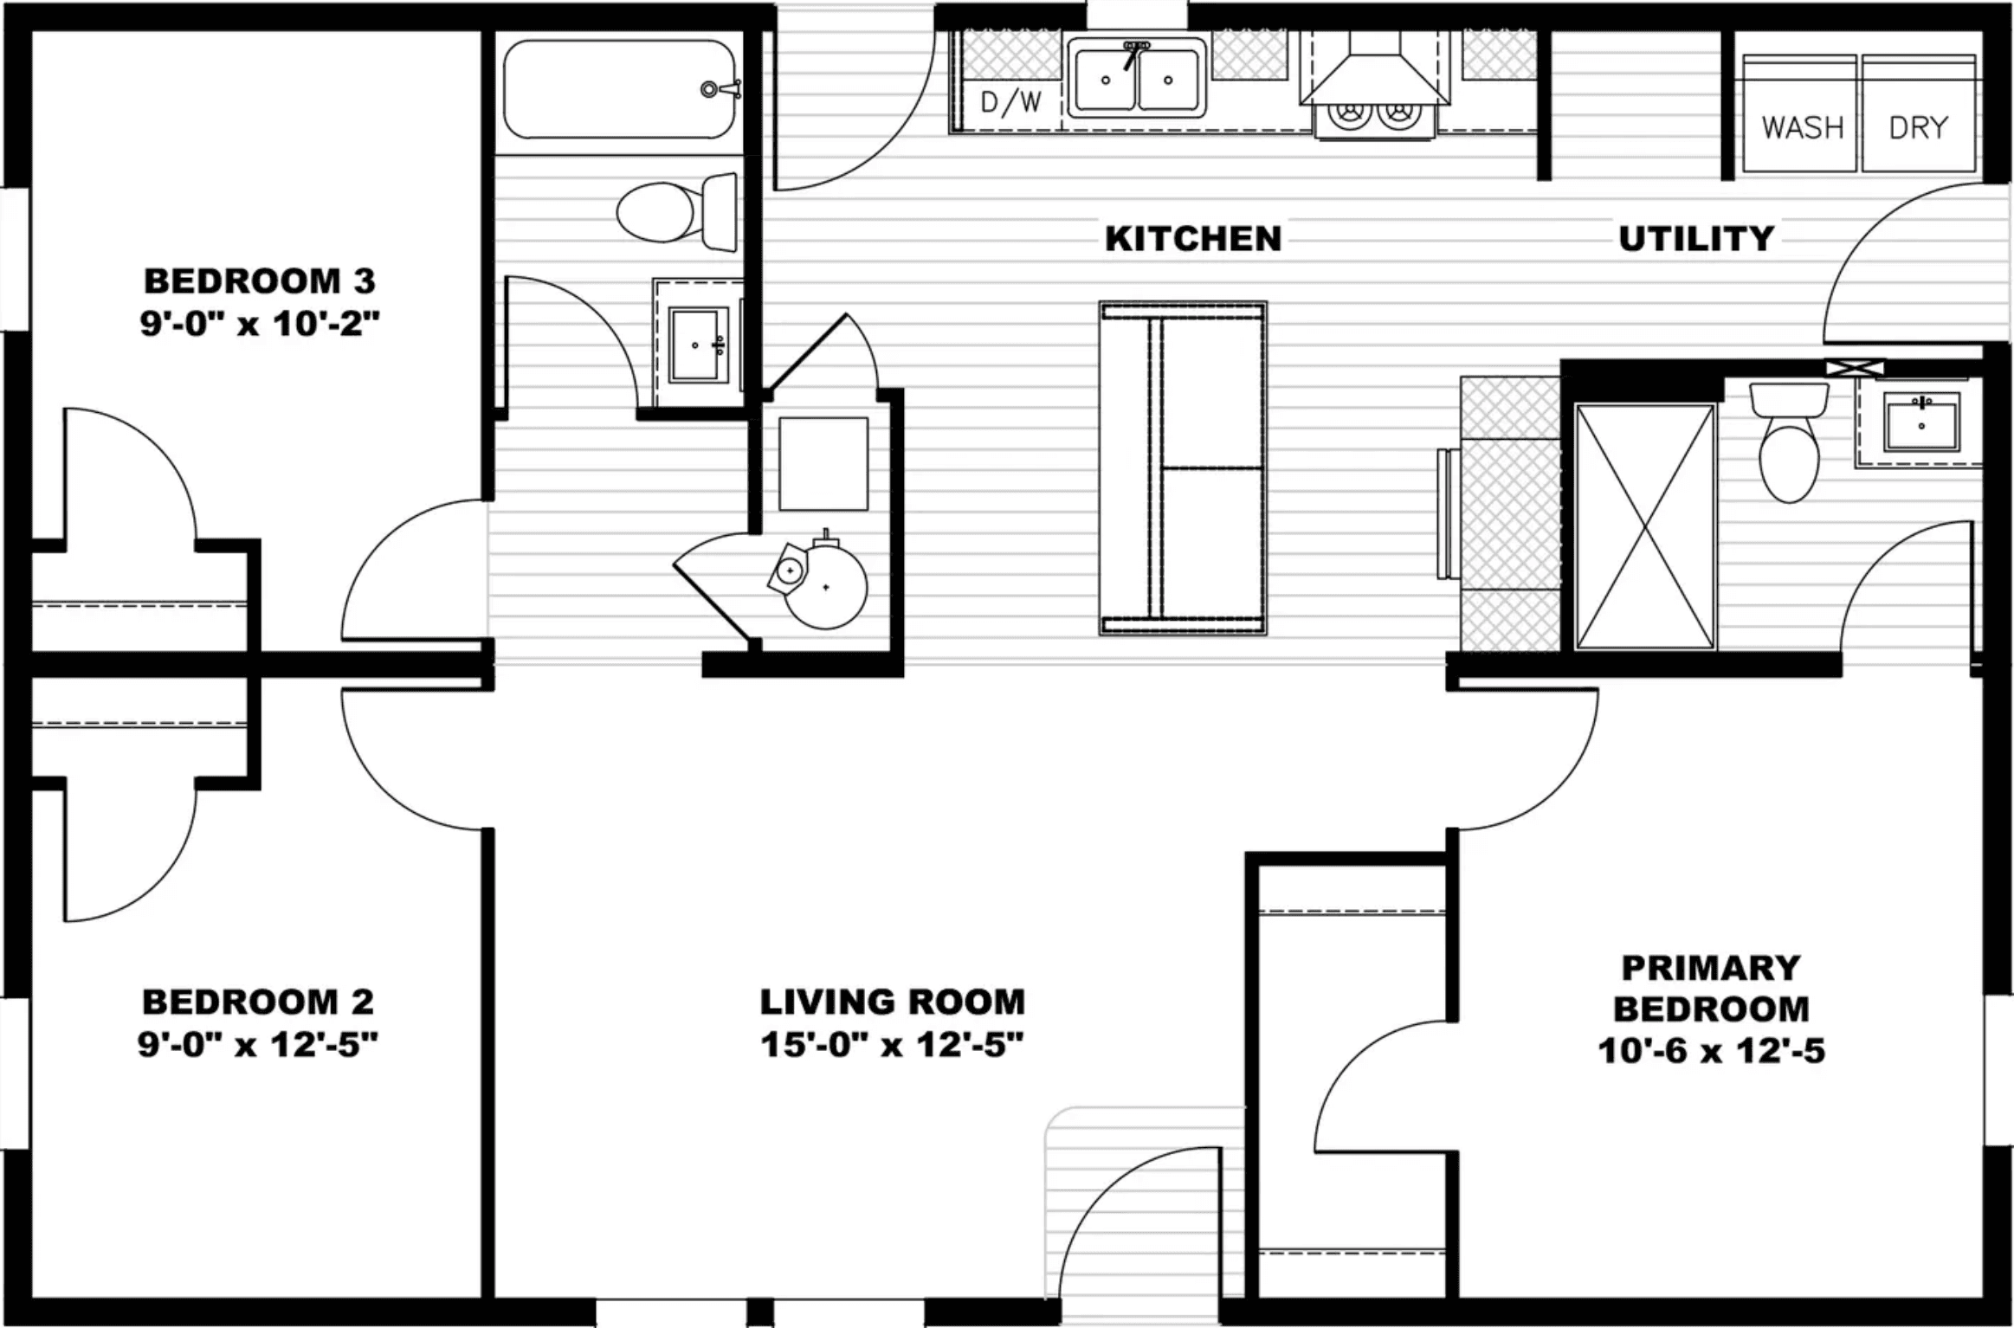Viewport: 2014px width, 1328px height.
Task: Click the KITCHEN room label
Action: point(1192,239)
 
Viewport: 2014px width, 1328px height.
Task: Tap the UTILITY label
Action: point(1695,239)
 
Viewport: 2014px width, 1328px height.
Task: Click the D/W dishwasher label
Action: point(1010,103)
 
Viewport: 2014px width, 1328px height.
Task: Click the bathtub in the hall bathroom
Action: point(619,89)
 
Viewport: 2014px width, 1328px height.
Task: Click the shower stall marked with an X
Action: point(1643,526)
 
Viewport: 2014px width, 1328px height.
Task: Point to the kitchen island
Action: point(1183,468)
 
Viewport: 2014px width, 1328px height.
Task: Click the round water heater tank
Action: point(825,586)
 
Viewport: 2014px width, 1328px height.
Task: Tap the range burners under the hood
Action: point(1375,113)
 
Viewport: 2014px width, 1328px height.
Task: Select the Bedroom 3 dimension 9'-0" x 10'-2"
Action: point(260,325)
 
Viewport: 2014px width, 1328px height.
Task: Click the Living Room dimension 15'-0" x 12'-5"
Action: point(892,1045)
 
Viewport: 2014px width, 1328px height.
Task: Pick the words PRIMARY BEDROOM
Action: point(1711,988)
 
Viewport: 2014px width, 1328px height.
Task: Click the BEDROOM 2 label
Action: point(258,1002)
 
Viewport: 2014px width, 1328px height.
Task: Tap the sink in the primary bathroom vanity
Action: point(1921,423)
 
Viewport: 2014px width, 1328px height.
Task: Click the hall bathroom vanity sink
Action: point(697,345)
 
